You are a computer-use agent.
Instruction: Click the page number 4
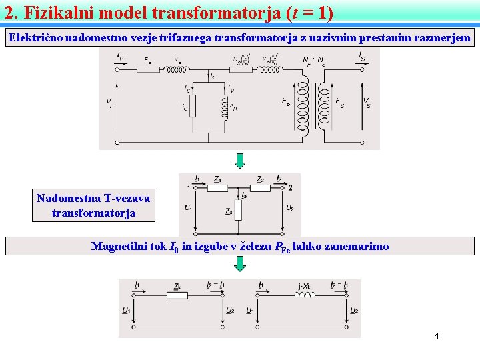coord(436,336)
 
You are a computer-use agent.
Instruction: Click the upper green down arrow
coord(240,161)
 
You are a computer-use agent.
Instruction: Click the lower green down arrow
coord(240,264)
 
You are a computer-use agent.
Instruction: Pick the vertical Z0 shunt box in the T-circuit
coord(238,211)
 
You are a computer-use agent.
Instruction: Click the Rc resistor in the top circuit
coord(193,106)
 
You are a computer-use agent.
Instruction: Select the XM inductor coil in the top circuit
coord(224,105)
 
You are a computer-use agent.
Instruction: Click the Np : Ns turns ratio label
coord(313,61)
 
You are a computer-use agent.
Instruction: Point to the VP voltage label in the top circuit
coord(109,102)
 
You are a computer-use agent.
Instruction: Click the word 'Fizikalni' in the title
coord(56,12)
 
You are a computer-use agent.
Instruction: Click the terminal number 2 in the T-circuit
coord(290,188)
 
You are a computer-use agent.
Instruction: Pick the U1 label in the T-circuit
coord(189,208)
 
